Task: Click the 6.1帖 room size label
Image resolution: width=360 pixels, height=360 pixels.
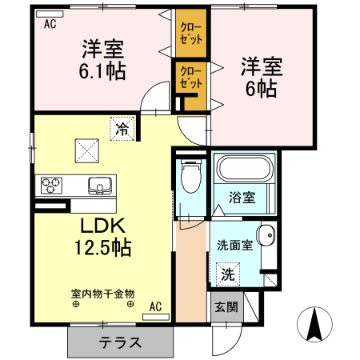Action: click(102, 70)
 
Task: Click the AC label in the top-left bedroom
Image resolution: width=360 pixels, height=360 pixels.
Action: click(50, 23)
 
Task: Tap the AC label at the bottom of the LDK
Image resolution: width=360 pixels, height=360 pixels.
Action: click(155, 306)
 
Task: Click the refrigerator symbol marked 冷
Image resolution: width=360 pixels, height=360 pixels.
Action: click(123, 126)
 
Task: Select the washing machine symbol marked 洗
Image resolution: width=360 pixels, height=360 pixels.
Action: click(228, 274)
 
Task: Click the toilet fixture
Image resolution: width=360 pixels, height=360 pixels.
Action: click(190, 178)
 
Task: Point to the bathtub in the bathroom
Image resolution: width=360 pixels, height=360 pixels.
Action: click(244, 170)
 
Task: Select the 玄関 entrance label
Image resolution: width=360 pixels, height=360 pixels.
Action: click(226, 306)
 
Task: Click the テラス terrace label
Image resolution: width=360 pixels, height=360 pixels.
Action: click(121, 343)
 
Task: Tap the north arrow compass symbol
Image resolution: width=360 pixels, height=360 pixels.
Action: click(314, 325)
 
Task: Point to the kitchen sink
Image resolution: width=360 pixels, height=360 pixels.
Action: click(100, 185)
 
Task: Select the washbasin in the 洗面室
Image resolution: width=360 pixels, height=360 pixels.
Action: click(268, 237)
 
